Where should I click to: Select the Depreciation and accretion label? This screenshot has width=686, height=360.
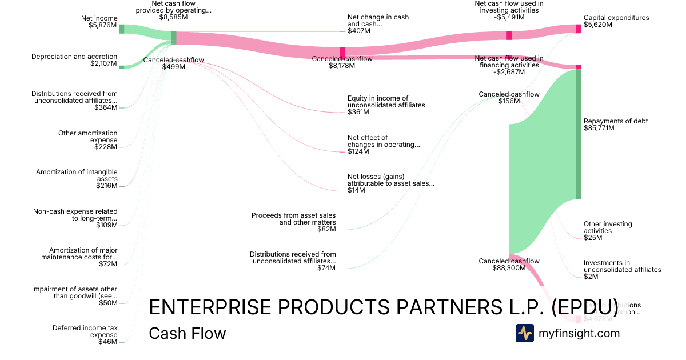coord(74,57)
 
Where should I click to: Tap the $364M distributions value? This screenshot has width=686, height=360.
coord(106,107)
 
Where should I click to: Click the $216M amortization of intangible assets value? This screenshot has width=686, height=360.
coord(106,186)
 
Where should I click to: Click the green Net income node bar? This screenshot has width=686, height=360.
coord(121,29)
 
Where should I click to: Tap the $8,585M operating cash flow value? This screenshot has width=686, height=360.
coord(173,17)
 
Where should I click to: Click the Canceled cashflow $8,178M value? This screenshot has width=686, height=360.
coord(342,66)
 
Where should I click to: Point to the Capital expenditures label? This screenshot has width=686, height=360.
coord(616,18)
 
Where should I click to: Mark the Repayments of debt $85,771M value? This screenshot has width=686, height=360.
coord(599,128)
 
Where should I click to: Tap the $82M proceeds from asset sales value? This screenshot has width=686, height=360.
coord(326,229)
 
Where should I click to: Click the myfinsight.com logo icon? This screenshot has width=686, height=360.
coord(524,333)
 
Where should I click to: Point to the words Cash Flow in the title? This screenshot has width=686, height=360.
coord(187,333)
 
